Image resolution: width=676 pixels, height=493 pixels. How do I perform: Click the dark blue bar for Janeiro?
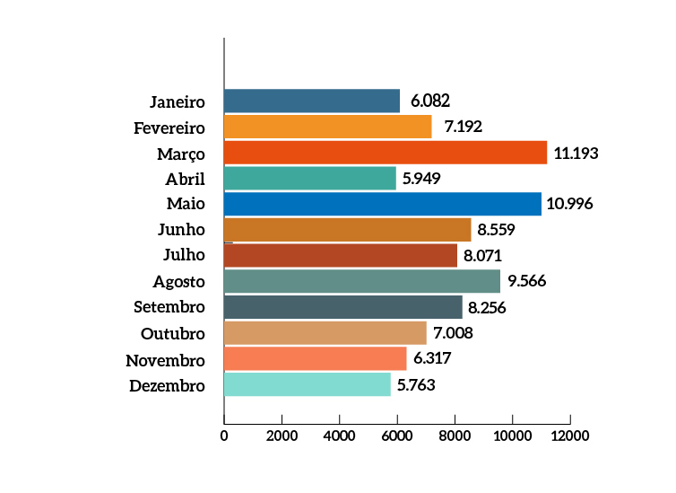312,101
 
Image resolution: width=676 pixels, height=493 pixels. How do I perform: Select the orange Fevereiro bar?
327,127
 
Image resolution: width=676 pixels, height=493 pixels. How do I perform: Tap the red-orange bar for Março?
386,153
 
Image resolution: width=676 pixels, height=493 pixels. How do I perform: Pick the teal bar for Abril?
309,178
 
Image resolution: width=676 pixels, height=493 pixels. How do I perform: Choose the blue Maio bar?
383,204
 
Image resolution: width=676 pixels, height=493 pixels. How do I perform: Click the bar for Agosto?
362,281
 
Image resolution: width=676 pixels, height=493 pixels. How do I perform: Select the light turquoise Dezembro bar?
308,385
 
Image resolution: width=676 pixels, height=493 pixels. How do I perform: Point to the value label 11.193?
576,153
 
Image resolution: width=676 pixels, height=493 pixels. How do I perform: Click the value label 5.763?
417,385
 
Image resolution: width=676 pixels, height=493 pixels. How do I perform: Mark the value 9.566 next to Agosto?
526,281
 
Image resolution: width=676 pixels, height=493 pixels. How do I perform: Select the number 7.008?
453,333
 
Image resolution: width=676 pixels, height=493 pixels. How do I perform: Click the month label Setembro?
169,307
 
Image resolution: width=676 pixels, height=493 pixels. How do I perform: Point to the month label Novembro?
166,360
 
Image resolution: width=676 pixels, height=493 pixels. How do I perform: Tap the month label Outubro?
173,333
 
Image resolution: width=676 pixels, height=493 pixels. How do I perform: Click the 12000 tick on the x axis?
569,436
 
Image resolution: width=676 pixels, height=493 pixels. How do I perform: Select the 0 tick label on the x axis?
224,436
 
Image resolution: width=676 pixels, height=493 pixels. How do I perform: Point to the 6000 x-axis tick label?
397,436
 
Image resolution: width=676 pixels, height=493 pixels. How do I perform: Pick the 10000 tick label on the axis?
512,436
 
